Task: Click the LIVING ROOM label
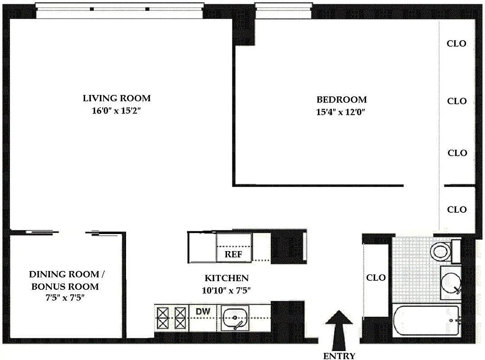pyautogui.click(x=116, y=98)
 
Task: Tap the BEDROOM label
pyautogui.click(x=341, y=99)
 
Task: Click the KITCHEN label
pyautogui.click(x=227, y=278)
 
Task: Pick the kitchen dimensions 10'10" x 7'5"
pyautogui.click(x=226, y=291)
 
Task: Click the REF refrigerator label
pyautogui.click(x=234, y=254)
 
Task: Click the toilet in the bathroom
pyautogui.click(x=441, y=252)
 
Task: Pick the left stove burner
pyautogui.click(x=163, y=318)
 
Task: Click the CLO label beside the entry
pyautogui.click(x=376, y=278)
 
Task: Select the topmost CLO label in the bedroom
pyautogui.click(x=457, y=44)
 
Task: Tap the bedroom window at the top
pyautogui.click(x=284, y=10)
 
